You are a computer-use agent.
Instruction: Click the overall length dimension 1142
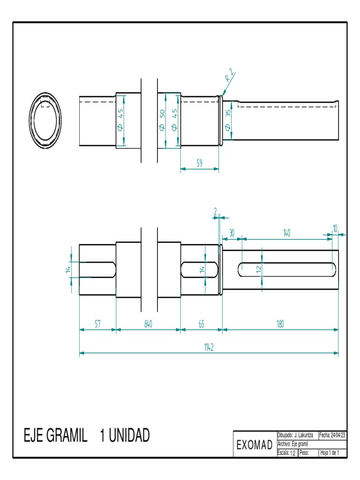209,347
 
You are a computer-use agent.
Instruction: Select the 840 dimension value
148,324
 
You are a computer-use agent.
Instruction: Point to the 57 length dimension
97,324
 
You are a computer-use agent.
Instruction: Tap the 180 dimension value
280,324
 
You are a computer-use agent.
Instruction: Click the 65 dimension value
201,324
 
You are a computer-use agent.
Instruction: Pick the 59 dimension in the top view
199,164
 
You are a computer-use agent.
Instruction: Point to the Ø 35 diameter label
228,120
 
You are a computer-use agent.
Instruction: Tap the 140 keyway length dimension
287,232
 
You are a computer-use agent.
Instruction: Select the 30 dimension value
232,232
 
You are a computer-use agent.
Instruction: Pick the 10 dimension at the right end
335,228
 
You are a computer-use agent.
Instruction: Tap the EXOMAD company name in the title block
255,445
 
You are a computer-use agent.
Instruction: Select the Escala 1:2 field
287,453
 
